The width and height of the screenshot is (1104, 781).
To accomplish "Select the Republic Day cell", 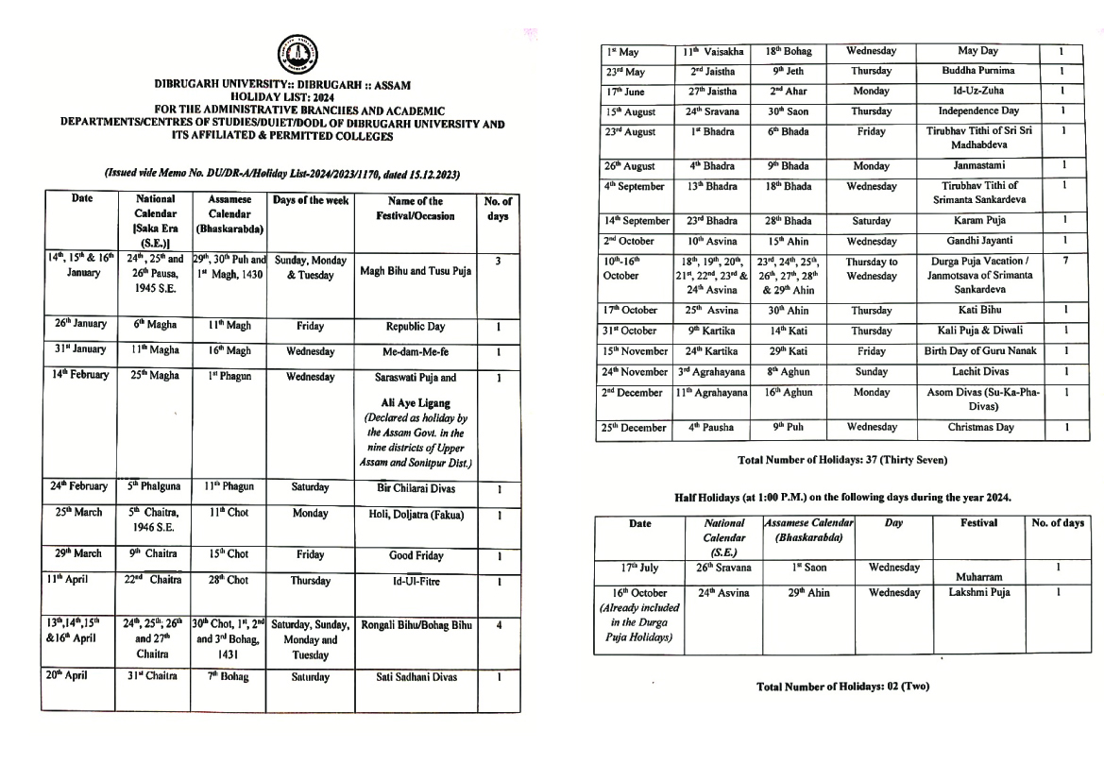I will coord(416,326).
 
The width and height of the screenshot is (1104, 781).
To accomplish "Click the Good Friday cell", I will coord(416,556).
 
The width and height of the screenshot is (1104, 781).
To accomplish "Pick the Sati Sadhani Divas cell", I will coord(416,677).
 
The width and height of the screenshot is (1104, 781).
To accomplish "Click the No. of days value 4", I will coord(498,625).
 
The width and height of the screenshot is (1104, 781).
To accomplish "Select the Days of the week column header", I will coord(311,200).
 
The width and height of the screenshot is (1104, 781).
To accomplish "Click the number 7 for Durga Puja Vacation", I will coord(1063,261).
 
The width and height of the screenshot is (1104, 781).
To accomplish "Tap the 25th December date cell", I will coord(633,428).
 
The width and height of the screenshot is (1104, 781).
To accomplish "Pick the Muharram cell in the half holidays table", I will coord(978,575).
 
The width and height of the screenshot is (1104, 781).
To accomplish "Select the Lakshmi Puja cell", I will coord(978,593).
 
